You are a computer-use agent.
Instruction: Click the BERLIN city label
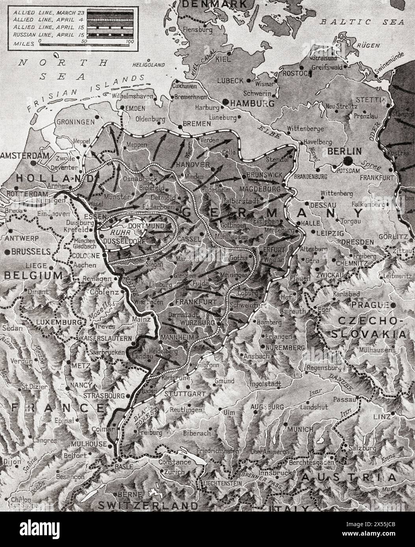[344, 151]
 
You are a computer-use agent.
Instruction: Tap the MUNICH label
[300, 429]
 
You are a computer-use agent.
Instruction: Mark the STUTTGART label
[185, 394]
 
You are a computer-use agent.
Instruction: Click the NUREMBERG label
[285, 348]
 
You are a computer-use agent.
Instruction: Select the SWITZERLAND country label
[148, 505]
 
